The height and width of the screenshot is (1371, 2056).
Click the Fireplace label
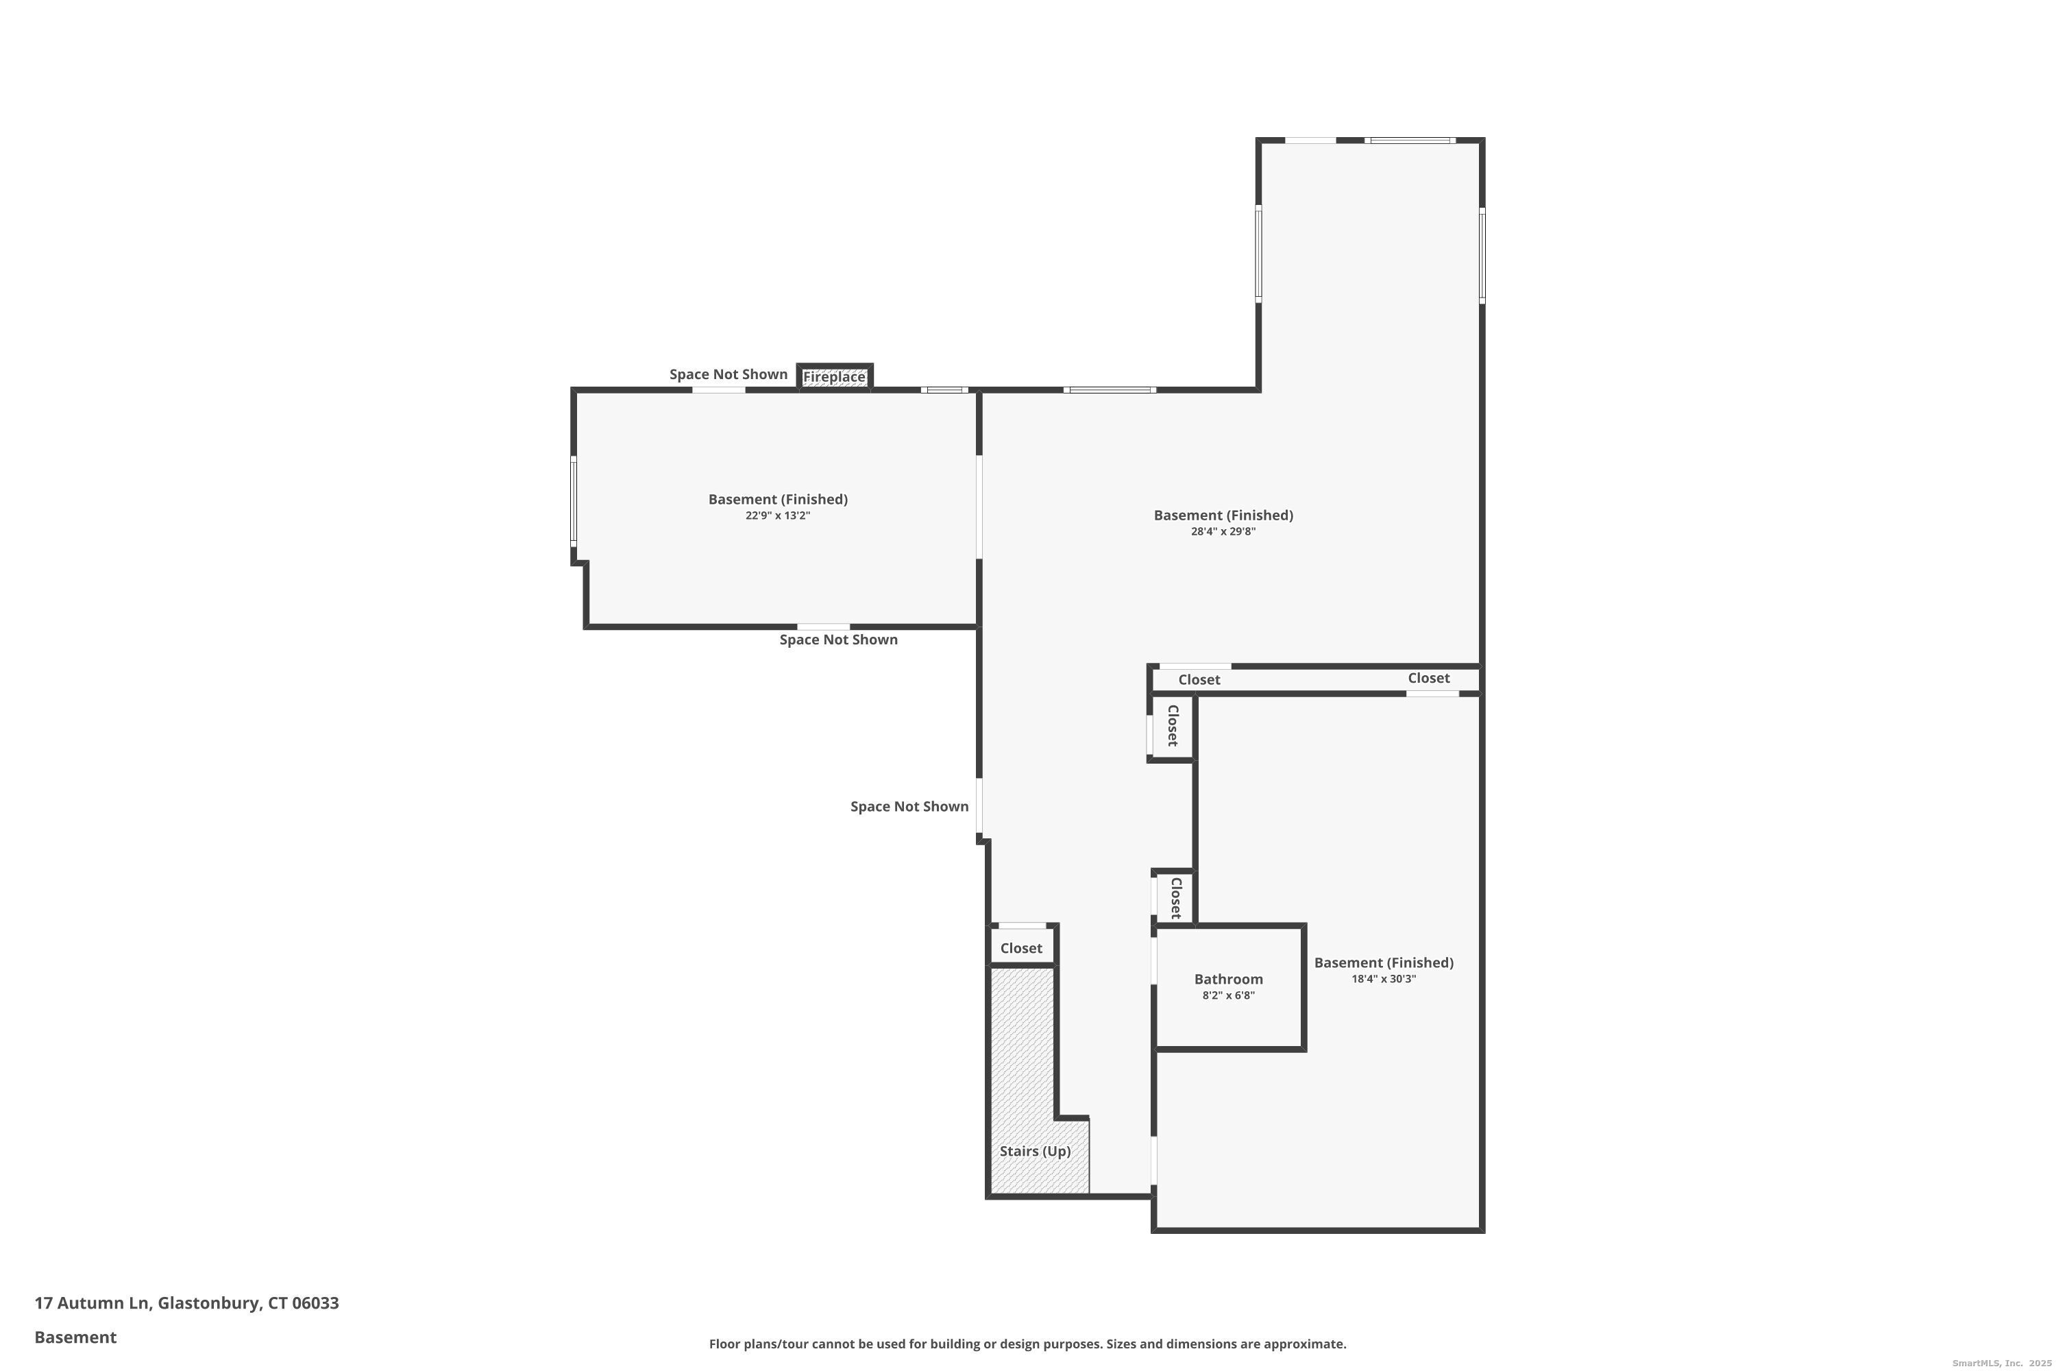[x=834, y=377]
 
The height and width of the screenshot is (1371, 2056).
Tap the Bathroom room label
[x=1228, y=980]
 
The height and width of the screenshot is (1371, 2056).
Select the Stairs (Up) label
[x=1035, y=1151]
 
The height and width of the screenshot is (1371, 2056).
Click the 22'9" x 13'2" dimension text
[x=778, y=516]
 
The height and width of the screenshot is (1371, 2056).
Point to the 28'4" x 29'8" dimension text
[x=1223, y=532]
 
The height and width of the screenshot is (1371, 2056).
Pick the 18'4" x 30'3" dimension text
[x=1384, y=980]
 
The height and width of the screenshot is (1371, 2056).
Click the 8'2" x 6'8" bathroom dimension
[x=1228, y=995]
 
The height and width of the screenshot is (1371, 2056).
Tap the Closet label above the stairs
[x=1021, y=949]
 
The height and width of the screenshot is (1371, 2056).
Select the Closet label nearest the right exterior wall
[x=1428, y=679]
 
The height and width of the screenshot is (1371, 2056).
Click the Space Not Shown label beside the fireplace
[x=728, y=374]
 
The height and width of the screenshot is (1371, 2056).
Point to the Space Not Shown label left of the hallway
[x=909, y=806]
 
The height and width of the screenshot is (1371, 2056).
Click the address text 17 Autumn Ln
[x=93, y=1303]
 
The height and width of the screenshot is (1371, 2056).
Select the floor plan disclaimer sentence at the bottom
[x=1028, y=1344]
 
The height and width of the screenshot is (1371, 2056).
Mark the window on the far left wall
[x=574, y=502]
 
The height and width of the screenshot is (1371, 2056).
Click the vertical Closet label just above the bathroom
[x=1176, y=898]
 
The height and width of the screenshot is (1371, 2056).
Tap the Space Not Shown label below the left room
[x=838, y=640]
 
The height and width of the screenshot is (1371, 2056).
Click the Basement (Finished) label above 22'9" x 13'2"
[x=778, y=499]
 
